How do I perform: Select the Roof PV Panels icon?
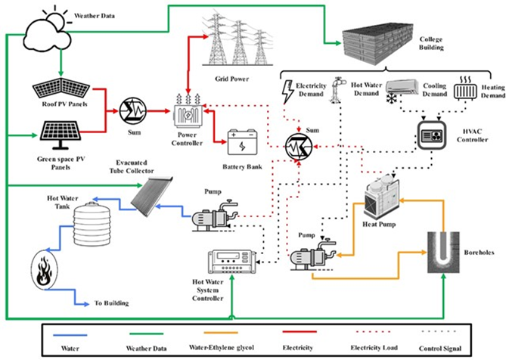point(61,87)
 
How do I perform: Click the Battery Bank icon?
point(243,143)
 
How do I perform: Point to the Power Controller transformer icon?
point(188,112)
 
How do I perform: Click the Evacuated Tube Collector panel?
point(151,197)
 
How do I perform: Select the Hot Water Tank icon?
point(92,223)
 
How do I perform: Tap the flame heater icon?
point(45,269)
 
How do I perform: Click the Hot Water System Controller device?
point(231,262)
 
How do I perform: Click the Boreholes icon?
point(443,253)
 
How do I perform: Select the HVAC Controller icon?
point(432,135)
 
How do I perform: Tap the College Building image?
point(377,44)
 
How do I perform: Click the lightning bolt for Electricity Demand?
point(287,92)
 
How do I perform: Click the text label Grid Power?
point(231,79)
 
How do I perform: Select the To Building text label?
point(111,303)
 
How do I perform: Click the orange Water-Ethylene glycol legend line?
point(221,333)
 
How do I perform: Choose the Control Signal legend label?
point(440,349)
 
